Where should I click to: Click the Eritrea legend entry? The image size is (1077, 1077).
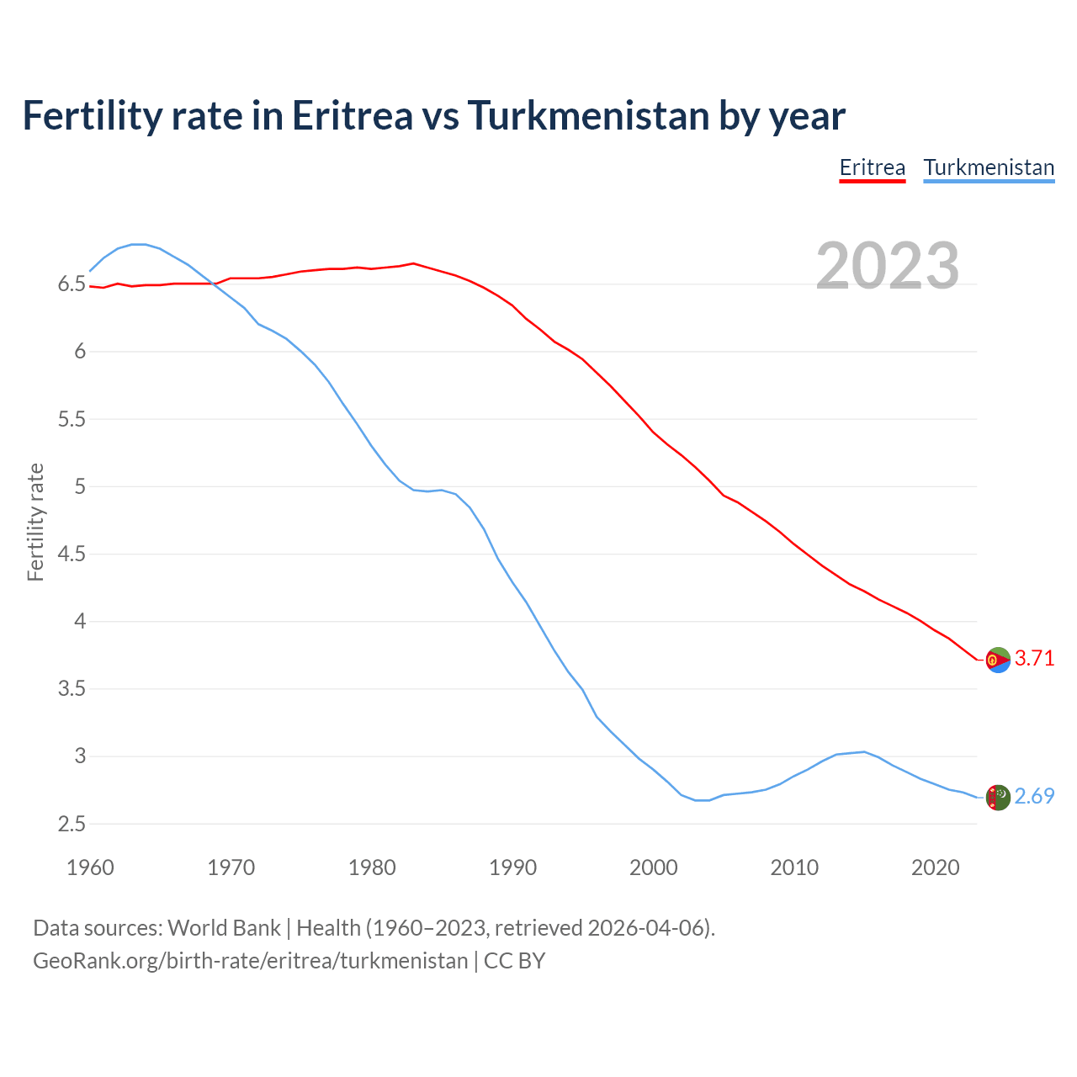coord(873,167)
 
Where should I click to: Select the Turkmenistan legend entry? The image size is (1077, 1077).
coord(989,167)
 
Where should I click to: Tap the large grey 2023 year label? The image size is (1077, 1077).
coord(888,266)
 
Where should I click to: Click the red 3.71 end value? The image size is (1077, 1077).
coord(1034,659)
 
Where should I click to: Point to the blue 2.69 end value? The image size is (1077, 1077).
coord(1034,797)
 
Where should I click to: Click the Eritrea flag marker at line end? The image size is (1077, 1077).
coord(998,661)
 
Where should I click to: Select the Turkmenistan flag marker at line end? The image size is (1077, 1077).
coord(998,798)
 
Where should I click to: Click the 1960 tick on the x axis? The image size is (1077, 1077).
coord(90,867)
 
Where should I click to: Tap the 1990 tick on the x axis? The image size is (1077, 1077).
coord(512,867)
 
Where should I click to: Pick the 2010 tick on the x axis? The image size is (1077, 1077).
coord(794,867)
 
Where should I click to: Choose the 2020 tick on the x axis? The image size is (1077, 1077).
coord(935,867)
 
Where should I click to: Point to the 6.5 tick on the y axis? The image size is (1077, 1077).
coord(72,284)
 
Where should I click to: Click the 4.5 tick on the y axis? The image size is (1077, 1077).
coord(72,554)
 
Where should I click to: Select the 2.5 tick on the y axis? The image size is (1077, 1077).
coord(72,825)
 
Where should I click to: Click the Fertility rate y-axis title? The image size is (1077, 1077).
coord(35,522)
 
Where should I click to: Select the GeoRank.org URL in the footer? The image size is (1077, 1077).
coord(250,961)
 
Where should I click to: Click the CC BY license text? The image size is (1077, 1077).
coord(515,961)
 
